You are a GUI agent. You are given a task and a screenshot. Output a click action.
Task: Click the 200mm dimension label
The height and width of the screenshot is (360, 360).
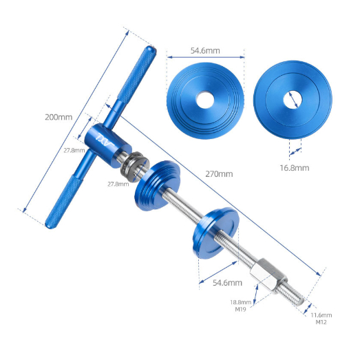click(x=59, y=117)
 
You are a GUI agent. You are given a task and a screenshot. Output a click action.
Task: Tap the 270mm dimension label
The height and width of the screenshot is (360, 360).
click(x=219, y=174)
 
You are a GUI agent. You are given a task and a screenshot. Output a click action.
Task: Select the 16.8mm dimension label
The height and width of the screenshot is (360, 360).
click(x=295, y=168)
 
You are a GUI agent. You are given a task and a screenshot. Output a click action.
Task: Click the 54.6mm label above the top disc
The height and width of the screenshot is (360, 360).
click(x=205, y=50)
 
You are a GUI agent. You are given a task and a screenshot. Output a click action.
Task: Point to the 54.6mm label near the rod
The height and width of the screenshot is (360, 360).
click(x=227, y=283)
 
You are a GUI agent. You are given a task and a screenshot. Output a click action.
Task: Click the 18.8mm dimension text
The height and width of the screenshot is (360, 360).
click(x=241, y=302)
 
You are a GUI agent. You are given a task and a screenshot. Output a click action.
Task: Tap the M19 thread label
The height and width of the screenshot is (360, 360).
click(x=240, y=309)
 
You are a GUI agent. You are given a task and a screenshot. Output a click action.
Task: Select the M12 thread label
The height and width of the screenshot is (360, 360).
click(x=321, y=322)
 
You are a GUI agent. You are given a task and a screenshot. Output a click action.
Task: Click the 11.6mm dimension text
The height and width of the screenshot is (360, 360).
click(x=321, y=315)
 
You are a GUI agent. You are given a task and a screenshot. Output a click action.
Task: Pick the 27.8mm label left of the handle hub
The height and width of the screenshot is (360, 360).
click(x=74, y=151)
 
